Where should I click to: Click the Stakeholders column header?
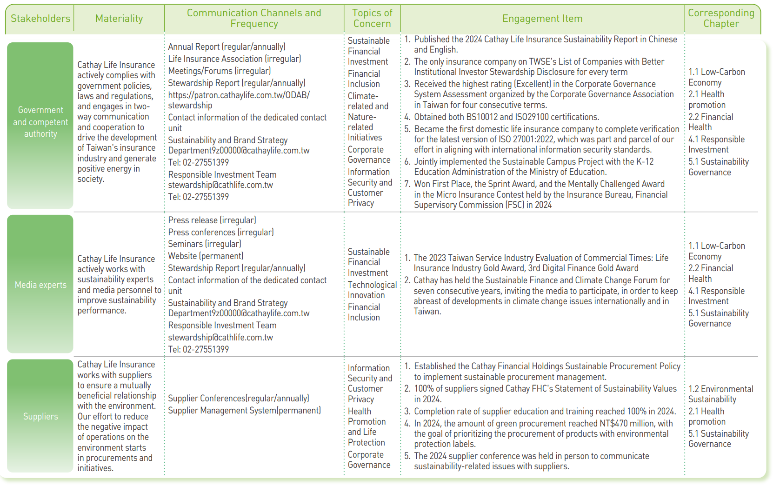40,19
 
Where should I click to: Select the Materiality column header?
119,19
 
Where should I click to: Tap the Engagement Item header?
542,19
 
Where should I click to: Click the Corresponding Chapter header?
721,18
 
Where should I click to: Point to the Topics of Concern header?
372,18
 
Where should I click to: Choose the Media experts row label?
40,285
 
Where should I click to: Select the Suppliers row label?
40,417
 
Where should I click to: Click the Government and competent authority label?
40,122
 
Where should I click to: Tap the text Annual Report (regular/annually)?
227,47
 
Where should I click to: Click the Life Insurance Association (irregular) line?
234,59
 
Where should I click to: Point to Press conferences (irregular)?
221,232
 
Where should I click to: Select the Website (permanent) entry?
206,256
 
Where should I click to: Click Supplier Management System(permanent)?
244,411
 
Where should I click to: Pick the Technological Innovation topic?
372,290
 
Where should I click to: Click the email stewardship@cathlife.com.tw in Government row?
220,185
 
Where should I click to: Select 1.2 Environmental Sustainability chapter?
720,394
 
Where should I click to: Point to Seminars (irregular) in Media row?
205,244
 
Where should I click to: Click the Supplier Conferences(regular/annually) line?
238,399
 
